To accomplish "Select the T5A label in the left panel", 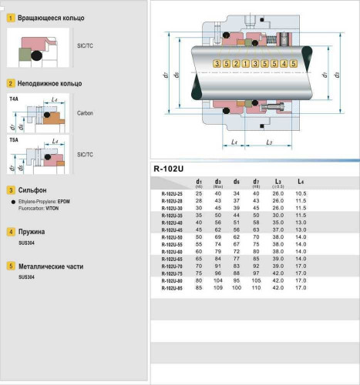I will pyautogui.click(x=14, y=141).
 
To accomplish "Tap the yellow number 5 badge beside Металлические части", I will pyautogui.click(x=9, y=266).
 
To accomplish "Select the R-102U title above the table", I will pyautogui.click(x=169, y=169).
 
